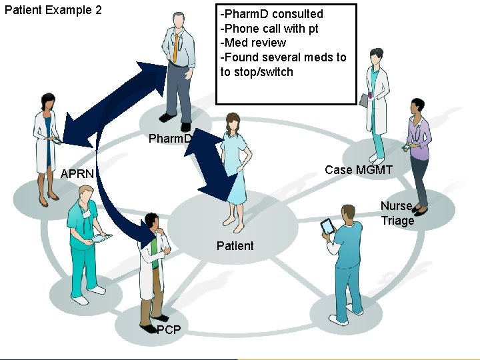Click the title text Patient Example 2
(x=53, y=11)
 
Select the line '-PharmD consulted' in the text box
(x=272, y=14)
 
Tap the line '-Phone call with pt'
(x=269, y=29)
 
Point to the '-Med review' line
(x=253, y=43)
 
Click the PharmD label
(x=170, y=139)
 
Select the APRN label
(x=77, y=174)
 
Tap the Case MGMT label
(x=359, y=170)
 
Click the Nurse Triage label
(x=397, y=213)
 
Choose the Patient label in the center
(x=235, y=246)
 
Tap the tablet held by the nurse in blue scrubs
(x=327, y=227)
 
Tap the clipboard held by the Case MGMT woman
(x=364, y=100)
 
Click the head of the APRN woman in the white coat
(x=49, y=103)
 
